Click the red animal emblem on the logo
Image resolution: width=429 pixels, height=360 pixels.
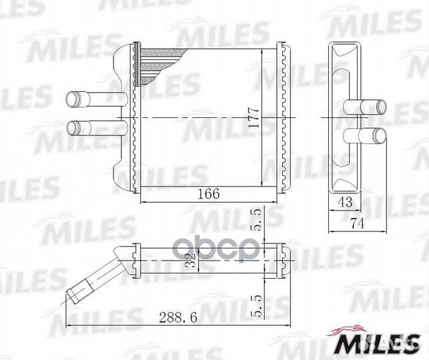tap(350, 330)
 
